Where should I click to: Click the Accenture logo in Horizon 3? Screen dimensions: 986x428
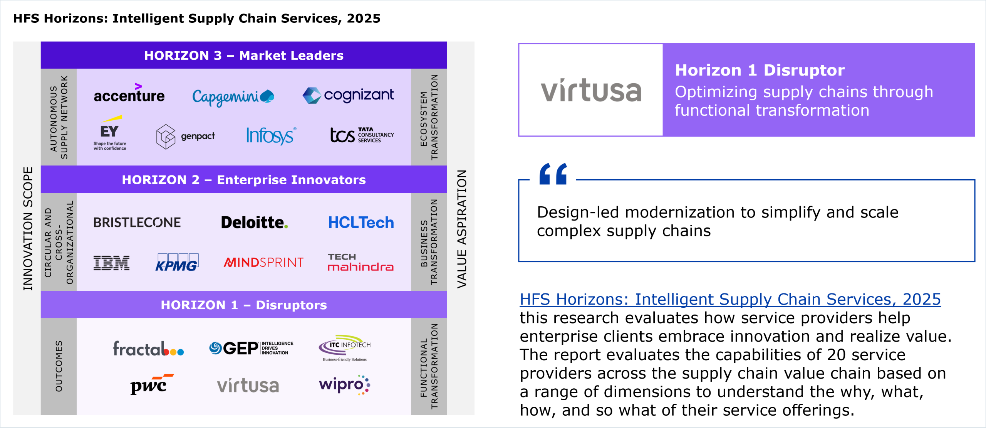click(129, 93)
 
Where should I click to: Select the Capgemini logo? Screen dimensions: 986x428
click(233, 97)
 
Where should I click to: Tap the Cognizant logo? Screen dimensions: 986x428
click(348, 95)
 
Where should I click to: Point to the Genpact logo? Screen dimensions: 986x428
click(186, 136)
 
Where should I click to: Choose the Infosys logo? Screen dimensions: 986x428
click(272, 136)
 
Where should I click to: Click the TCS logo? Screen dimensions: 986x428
click(362, 135)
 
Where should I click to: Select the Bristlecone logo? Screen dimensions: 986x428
click(137, 222)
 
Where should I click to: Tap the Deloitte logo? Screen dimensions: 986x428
click(255, 222)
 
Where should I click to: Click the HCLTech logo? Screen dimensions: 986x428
click(361, 222)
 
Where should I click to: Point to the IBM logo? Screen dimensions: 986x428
click(112, 263)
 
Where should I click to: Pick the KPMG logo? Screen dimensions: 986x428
click(177, 262)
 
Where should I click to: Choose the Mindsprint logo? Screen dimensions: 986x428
click(264, 263)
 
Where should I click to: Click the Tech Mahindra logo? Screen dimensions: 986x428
click(361, 262)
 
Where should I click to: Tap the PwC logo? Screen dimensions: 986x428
click(151, 384)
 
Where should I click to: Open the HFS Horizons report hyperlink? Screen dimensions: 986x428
click(730, 300)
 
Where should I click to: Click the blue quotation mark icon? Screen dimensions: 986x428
click(553, 174)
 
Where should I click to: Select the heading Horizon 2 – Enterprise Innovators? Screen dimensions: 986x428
click(244, 180)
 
